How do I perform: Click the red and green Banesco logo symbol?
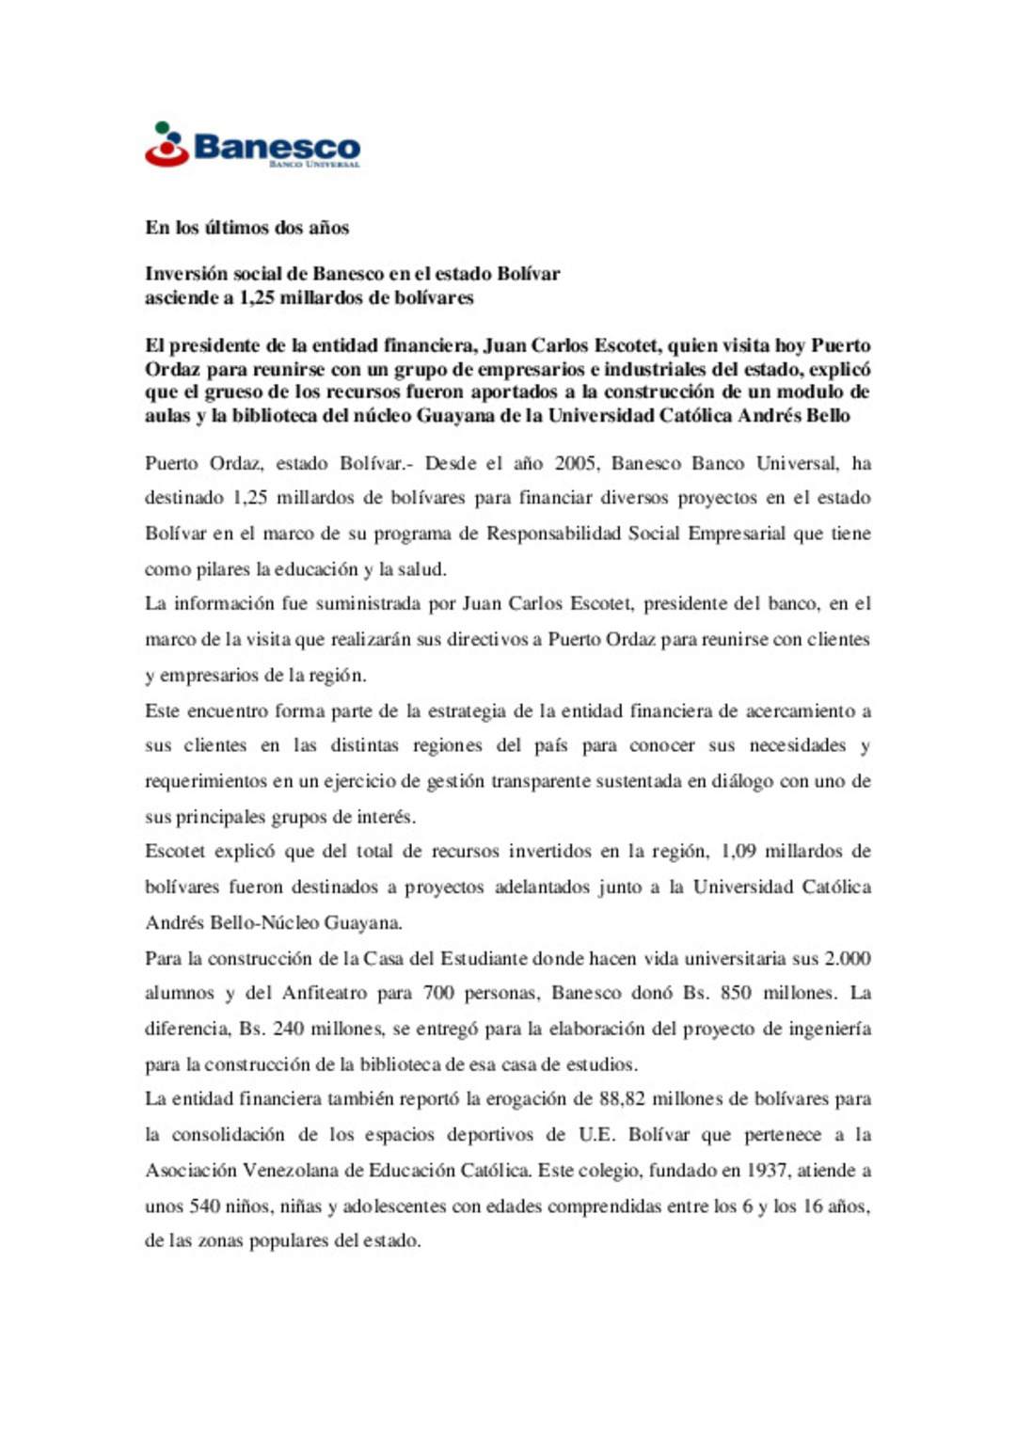click(x=167, y=144)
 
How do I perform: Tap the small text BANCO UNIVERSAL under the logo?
click(x=314, y=165)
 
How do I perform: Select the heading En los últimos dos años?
click(x=246, y=228)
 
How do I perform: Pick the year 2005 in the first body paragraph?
click(x=575, y=463)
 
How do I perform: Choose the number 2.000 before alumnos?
click(x=847, y=959)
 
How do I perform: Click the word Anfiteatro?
click(x=321, y=994)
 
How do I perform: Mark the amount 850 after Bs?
click(x=736, y=994)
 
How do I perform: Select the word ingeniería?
click(x=827, y=1030)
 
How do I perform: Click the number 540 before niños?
click(x=205, y=1206)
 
